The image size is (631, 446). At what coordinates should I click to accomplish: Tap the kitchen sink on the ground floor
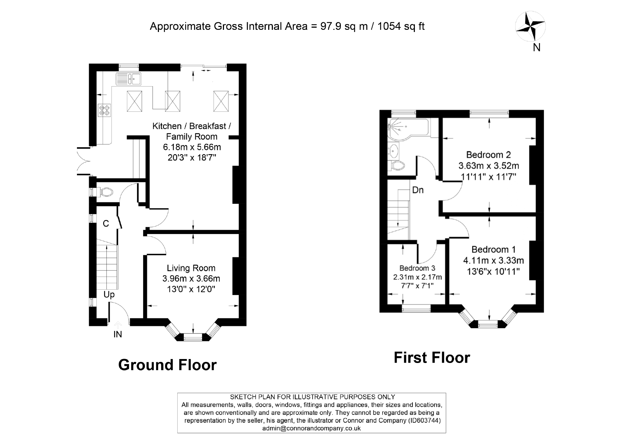[128, 79]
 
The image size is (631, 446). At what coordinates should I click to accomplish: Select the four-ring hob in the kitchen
[105, 110]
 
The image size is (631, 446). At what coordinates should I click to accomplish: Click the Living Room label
[191, 268]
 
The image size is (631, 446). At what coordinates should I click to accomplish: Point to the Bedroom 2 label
[488, 155]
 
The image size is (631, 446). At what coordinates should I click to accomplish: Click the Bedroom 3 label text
[417, 268]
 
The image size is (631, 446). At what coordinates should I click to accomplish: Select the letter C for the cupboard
[106, 224]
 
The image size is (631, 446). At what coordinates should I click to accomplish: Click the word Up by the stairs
[109, 295]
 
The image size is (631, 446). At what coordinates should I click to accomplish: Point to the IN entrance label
[118, 335]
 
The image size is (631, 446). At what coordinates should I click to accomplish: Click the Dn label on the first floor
[418, 190]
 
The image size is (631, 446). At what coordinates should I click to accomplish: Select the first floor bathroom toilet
[398, 165]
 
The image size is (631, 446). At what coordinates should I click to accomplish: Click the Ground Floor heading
[167, 365]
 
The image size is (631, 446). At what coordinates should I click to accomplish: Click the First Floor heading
[431, 358]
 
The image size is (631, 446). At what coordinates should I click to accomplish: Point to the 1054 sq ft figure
[401, 26]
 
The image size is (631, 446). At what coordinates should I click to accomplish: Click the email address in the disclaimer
[311, 428]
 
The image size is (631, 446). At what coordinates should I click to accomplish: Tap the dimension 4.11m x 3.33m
[493, 260]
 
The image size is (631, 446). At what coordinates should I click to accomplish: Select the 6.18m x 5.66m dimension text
[192, 147]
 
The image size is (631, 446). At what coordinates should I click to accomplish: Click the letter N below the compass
[536, 47]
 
